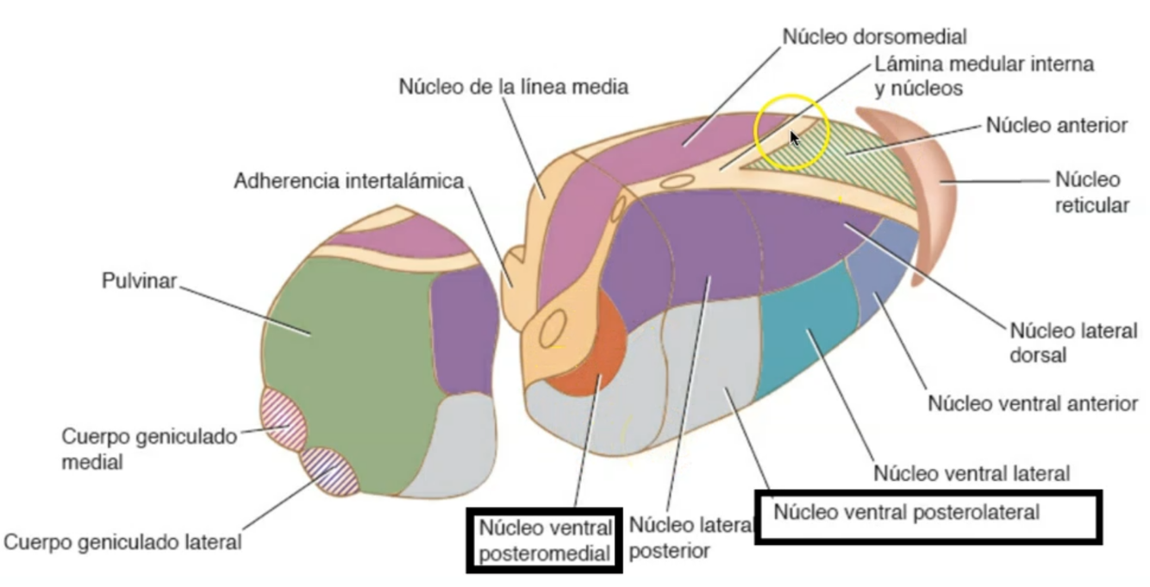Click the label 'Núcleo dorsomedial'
click(x=874, y=37)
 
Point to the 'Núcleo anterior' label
click(x=1056, y=126)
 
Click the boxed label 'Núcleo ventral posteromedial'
click(x=545, y=539)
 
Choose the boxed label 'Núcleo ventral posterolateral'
click(x=906, y=512)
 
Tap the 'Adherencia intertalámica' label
click(x=349, y=182)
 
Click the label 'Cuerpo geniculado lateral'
click(x=122, y=542)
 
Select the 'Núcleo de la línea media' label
click(x=513, y=87)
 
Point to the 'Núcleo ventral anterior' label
click(x=1032, y=403)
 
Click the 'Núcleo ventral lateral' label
click(x=972, y=472)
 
